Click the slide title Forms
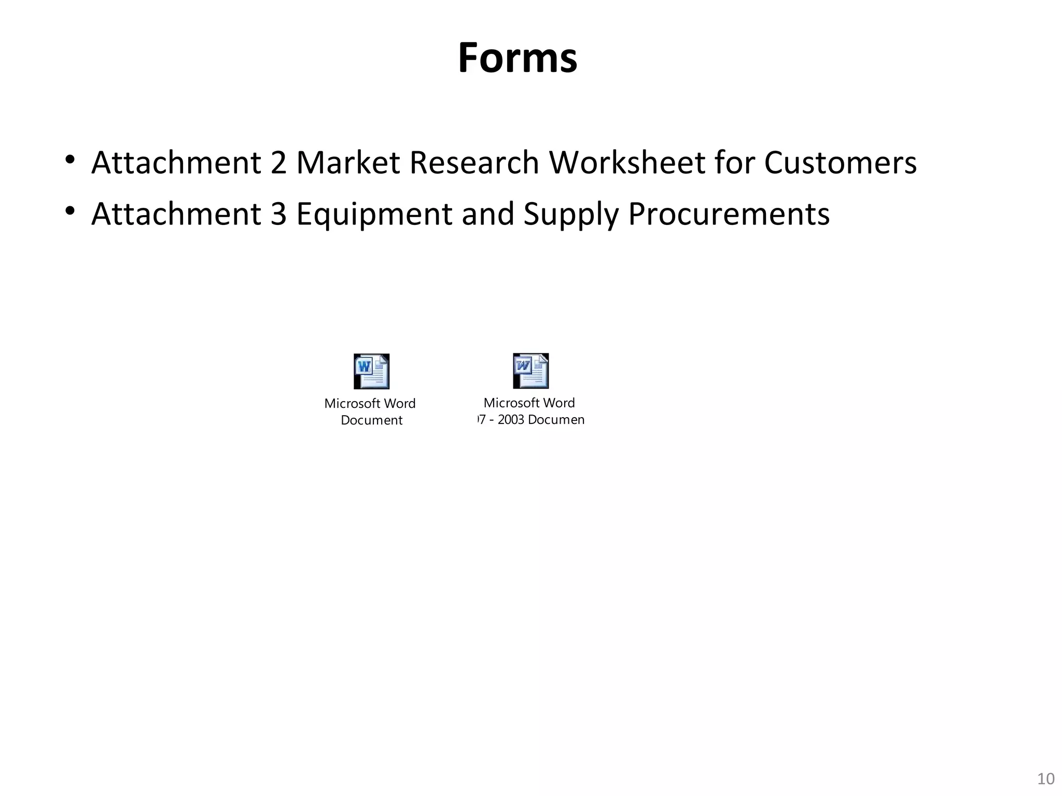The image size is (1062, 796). pos(517,58)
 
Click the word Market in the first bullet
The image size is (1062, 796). pos(347,163)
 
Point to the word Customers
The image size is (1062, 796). pos(840,163)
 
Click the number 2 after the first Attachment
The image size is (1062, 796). pos(278,163)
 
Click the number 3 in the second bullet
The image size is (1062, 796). pos(278,214)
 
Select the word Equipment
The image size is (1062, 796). pos(374,215)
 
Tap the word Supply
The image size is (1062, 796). pos(571,215)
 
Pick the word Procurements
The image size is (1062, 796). pos(729,214)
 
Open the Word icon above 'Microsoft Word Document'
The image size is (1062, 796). pos(371,372)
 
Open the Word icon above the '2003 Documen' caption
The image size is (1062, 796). pos(530,371)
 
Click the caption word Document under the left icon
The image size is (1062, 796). pos(371,420)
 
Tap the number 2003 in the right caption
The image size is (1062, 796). pos(511,420)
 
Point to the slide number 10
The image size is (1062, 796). pos(1046,779)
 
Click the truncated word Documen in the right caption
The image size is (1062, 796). pos(556,420)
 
